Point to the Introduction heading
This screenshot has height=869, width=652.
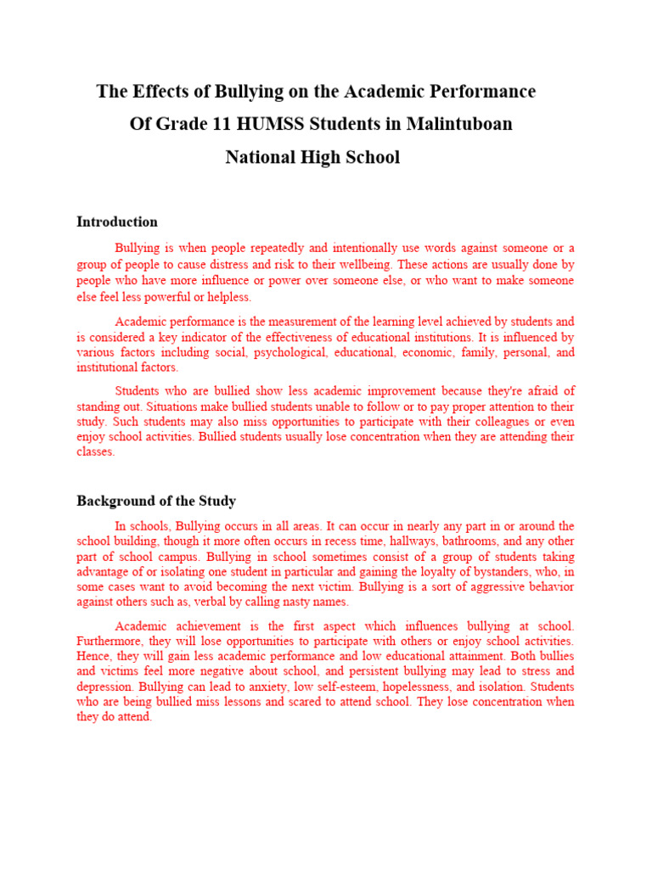point(117,222)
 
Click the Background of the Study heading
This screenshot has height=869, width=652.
point(156,501)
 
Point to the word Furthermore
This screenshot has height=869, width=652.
point(110,641)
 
